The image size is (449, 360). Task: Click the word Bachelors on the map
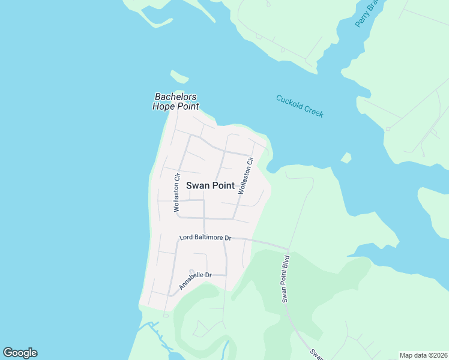coord(176,97)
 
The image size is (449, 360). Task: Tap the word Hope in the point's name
coord(163,106)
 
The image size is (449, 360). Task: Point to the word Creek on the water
coord(314,111)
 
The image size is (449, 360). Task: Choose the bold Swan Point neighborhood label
coord(210,185)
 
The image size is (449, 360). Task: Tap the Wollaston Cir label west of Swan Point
coord(177,193)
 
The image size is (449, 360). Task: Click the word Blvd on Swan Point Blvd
coord(287,263)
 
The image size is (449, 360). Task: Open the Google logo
coord(20,353)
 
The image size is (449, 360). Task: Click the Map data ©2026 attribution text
coord(423,355)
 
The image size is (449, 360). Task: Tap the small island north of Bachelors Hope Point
coord(179,77)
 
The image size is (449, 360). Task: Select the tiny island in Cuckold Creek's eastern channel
coord(346,158)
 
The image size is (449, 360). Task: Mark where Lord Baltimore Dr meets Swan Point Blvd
coord(288,248)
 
